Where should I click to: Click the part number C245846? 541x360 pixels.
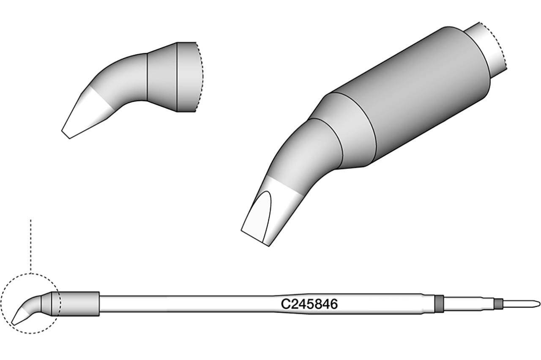pyautogui.click(x=309, y=304)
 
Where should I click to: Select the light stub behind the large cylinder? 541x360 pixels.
pyautogui.click(x=486, y=47)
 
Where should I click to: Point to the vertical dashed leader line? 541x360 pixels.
pyautogui.click(x=31, y=245)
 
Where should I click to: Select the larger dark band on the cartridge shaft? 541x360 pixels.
pyautogui.click(x=439, y=304)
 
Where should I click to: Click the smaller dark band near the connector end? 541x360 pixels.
pyautogui.click(x=499, y=304)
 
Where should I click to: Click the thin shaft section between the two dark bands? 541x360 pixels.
pyautogui.click(x=469, y=304)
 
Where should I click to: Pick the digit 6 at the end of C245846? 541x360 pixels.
pyautogui.click(x=334, y=304)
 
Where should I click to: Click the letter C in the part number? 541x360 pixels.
pyautogui.click(x=285, y=304)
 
